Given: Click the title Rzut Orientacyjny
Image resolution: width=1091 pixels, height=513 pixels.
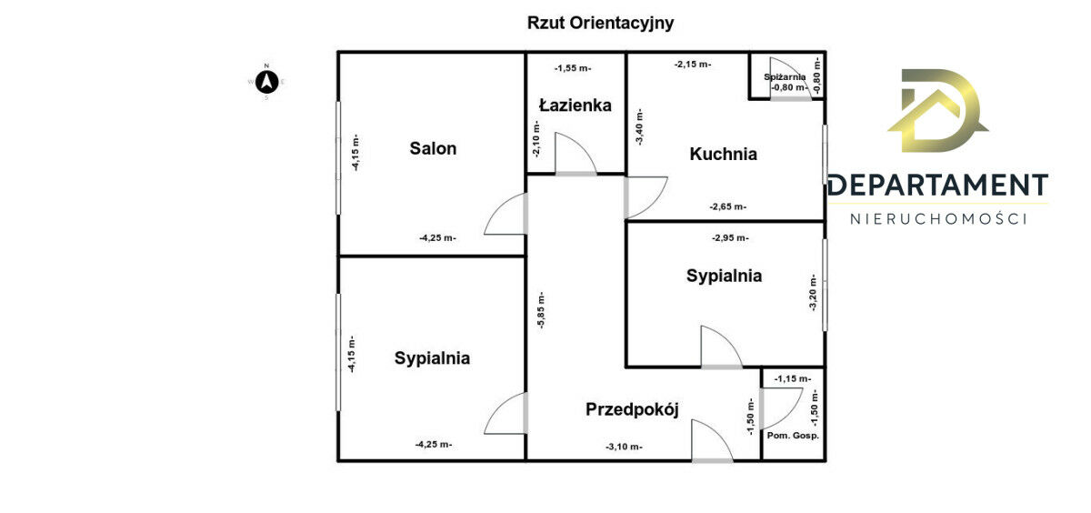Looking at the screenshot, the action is tap(601, 23).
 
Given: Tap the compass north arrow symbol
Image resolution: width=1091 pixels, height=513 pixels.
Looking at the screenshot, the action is tap(267, 82).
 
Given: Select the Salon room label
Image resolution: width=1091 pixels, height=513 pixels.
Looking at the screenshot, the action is tap(433, 148).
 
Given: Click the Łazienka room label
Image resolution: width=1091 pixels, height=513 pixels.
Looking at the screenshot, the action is tap(576, 105).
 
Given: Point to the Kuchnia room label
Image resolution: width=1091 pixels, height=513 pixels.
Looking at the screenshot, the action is tap(724, 154).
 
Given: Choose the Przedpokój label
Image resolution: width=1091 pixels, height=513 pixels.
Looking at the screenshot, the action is tap(632, 409).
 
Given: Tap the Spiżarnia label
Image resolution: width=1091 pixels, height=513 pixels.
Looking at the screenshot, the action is tap(785, 77).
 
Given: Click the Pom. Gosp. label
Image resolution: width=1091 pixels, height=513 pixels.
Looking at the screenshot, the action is tap(793, 436).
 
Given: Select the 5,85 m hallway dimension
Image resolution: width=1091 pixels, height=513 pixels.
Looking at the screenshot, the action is tap(542, 310).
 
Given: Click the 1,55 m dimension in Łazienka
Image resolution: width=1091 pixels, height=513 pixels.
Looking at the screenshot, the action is tap(573, 69).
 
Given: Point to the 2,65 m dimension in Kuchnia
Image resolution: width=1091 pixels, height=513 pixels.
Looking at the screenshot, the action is tap(727, 206).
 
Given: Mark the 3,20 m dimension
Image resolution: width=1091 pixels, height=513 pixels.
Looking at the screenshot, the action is tap(813, 292).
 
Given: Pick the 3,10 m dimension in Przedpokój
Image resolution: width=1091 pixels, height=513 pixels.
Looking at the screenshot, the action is tap(624, 447).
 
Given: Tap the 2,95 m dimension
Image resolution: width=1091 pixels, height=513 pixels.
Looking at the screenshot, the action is tap(730, 238).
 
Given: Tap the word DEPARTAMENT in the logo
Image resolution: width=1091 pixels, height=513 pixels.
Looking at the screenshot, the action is tap(938, 186).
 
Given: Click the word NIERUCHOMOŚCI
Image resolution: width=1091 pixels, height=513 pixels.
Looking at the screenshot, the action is tap(938, 219).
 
